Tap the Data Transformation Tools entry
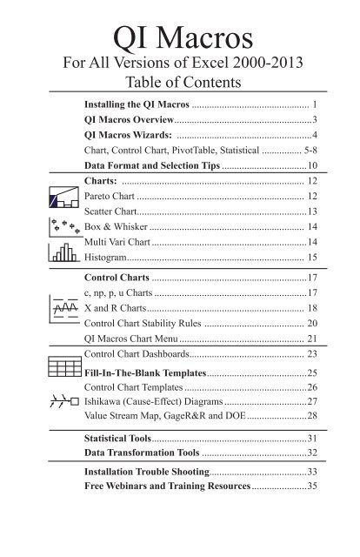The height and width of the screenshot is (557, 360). click(x=143, y=453)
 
